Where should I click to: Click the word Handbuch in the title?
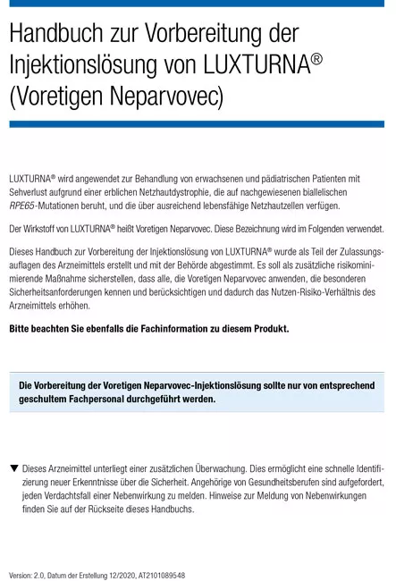pos(54,33)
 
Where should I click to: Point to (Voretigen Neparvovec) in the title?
pos(116,94)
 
